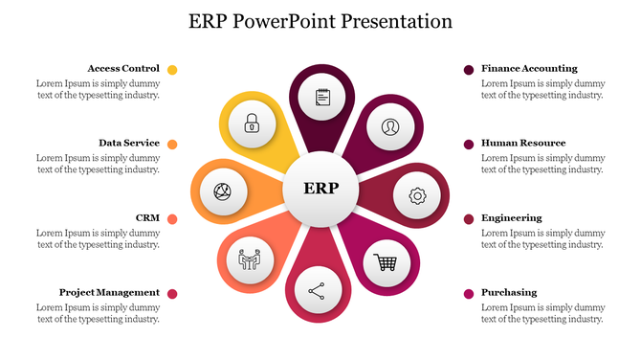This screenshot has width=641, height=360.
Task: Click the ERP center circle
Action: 320,188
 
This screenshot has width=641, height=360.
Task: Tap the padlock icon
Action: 252,123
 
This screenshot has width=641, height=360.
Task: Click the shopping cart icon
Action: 387,261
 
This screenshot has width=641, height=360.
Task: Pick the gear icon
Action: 417,195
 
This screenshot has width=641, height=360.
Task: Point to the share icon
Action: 317,290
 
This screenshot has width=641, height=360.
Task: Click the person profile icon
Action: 389,126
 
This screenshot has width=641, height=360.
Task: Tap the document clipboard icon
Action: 322,97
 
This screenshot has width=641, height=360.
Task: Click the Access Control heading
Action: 123,69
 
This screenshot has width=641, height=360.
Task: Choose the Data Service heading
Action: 129,144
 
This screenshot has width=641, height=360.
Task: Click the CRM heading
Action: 147,218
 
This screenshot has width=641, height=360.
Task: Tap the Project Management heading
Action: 109,292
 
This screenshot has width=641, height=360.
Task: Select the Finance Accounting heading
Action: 529,69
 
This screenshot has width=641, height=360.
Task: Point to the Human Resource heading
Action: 523,144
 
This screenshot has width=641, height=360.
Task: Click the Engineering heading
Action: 512,218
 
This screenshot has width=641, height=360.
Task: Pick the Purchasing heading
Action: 509,292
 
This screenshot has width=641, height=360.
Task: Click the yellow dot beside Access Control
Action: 172,70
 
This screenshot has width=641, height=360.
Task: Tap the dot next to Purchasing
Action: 469,293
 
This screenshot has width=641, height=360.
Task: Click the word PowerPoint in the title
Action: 305,20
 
